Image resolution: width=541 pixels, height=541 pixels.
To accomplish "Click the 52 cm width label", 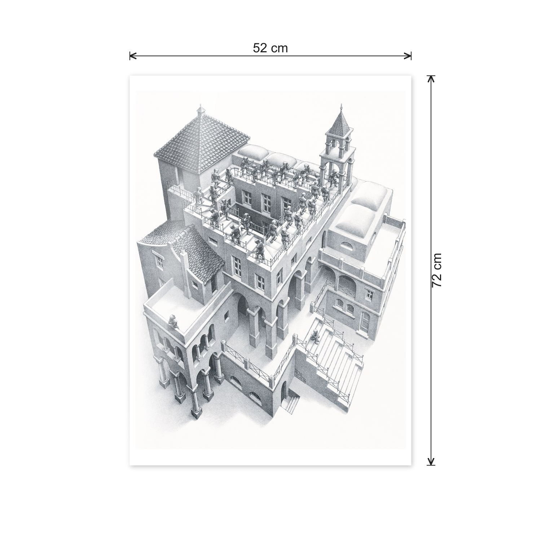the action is coord(270,48).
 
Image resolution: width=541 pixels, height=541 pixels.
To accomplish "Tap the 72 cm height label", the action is coord(436,270).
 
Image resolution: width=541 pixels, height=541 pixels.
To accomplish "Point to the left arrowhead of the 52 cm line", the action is coord(133,56).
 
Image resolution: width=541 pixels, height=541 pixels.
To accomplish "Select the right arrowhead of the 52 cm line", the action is coord(408,56).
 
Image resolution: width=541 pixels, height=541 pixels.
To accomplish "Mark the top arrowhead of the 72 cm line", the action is coord(431,79).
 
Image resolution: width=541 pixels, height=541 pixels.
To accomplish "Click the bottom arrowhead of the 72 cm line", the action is coord(431,462).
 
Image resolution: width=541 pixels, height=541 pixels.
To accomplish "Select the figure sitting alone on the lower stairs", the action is coord(315,338).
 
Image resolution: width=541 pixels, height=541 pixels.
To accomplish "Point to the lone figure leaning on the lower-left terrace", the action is coord(173,321).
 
